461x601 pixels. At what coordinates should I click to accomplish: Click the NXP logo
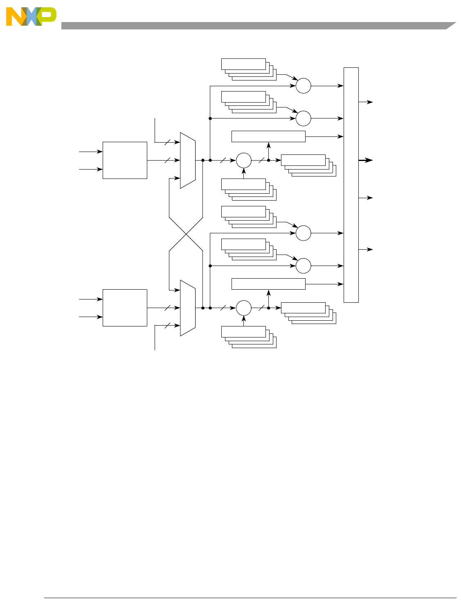pyautogui.click(x=31, y=17)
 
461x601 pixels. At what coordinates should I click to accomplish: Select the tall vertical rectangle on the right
pyautogui.click(x=351, y=185)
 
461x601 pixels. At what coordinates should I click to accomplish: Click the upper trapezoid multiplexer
pyautogui.click(x=188, y=160)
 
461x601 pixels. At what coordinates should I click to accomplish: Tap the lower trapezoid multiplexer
pyautogui.click(x=188, y=308)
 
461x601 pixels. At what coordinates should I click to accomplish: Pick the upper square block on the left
pyautogui.click(x=125, y=160)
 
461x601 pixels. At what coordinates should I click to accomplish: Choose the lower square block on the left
pyautogui.click(x=125, y=308)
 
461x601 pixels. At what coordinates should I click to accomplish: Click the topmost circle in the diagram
pyautogui.click(x=304, y=86)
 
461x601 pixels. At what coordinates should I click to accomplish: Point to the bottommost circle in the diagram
pyautogui.click(x=244, y=308)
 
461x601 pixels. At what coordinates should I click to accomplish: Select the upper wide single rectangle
pyautogui.click(x=268, y=136)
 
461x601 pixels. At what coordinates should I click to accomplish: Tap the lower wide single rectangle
pyautogui.click(x=268, y=284)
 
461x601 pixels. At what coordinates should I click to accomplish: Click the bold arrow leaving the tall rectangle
pyautogui.click(x=366, y=160)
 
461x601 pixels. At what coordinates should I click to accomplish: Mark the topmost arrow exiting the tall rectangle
pyautogui.click(x=366, y=102)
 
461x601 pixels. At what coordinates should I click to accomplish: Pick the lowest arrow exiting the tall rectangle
pyautogui.click(x=366, y=249)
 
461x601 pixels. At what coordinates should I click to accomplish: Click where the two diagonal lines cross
pyautogui.click(x=186, y=234)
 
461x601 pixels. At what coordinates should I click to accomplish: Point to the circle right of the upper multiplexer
pyautogui.click(x=244, y=160)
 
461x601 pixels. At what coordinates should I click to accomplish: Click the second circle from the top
pyautogui.click(x=304, y=118)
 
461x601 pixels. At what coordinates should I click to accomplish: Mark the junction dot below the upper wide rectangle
pyautogui.click(x=268, y=160)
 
